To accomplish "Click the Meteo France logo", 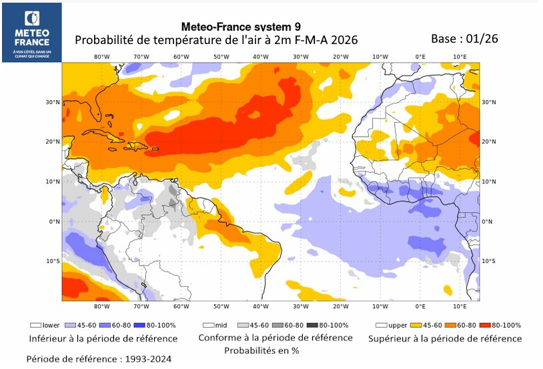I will point(31,32).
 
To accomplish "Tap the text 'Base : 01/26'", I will point(464,39).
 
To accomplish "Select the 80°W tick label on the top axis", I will point(101,57).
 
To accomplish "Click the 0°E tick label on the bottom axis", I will point(420,306).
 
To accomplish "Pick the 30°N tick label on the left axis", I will point(53,102).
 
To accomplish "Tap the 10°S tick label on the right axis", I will point(488,261).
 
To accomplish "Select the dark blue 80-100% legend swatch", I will point(141,325).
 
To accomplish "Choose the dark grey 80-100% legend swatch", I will point(314,325).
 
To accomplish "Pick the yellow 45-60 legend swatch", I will point(414,325).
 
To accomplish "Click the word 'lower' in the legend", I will point(51,325).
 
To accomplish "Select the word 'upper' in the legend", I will point(397,325).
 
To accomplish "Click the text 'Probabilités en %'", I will point(261,350).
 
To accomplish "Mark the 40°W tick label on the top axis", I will point(260,57).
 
